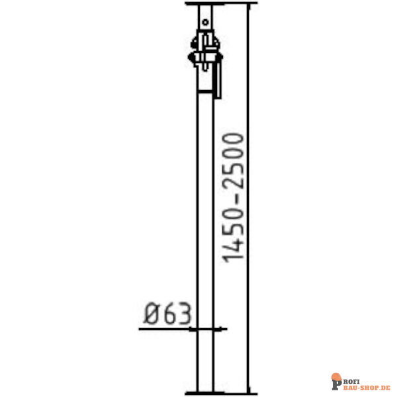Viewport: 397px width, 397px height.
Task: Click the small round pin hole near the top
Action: (205, 22)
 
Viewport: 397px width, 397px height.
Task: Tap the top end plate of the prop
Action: (221, 3)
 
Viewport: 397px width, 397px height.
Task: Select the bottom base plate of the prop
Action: (221, 393)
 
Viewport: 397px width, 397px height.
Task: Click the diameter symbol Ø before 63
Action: (154, 313)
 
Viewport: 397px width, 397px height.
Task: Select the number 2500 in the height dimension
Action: (233, 161)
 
